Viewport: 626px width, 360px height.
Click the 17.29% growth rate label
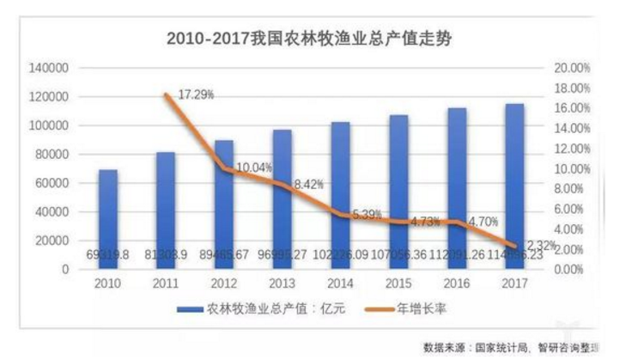coord(195,94)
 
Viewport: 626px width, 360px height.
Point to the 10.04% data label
coord(254,168)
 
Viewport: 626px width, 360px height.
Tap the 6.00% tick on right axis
coord(570,209)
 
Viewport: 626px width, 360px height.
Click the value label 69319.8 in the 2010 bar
coord(108,255)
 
